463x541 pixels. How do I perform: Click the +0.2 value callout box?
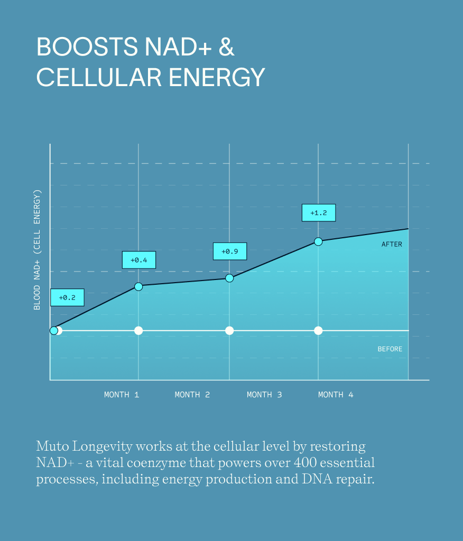click(67, 297)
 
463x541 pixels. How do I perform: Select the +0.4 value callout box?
click(138, 260)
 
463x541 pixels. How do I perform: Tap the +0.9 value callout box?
click(229, 251)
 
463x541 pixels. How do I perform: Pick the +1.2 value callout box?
click(318, 212)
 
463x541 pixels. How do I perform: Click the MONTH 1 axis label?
click(122, 395)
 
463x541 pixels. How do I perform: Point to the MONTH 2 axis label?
click(192, 395)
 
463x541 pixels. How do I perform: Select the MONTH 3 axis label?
click(264, 395)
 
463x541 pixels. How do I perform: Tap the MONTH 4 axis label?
click(336, 395)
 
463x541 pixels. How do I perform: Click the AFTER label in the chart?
click(392, 244)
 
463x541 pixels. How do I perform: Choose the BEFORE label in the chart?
click(390, 349)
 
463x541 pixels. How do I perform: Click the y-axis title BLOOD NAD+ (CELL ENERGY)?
click(37, 249)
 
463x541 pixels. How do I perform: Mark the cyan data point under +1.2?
click(318, 241)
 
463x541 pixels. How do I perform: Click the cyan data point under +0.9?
click(229, 278)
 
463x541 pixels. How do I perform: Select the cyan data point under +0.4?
click(138, 286)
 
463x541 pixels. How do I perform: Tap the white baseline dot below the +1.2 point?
click(318, 331)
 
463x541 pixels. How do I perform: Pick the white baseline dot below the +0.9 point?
click(229, 331)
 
